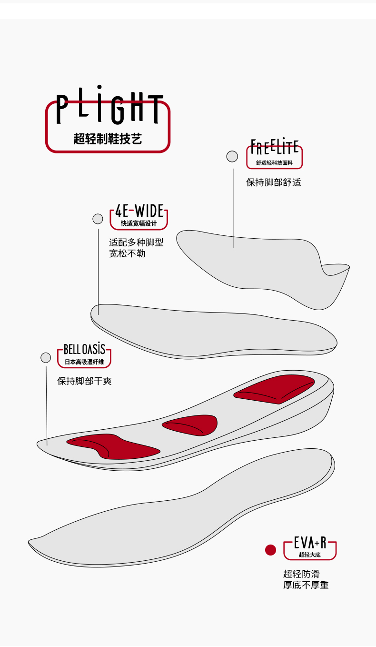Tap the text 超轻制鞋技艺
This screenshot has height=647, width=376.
pos(108,139)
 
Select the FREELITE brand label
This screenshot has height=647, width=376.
pos(275,147)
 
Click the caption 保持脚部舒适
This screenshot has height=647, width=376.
pos(273,182)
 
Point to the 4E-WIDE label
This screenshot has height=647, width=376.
pos(139,211)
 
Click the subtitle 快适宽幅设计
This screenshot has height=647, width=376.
pos(139,223)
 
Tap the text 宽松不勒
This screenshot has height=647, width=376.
pos(127,253)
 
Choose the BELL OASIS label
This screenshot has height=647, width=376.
pos(84,349)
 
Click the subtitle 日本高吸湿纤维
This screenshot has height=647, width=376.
pos(84,362)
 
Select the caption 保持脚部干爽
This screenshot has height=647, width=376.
pos(84,381)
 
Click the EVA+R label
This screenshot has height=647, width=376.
pos(310,543)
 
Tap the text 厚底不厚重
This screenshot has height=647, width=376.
pos(306,585)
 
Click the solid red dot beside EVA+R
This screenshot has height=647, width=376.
pos(271,550)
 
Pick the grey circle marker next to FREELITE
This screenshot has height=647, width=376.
pos(232,156)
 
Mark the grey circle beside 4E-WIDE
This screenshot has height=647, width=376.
pos(98,219)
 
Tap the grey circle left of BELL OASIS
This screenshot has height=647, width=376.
pos(46,357)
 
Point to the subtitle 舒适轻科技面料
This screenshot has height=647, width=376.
pos(274,163)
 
